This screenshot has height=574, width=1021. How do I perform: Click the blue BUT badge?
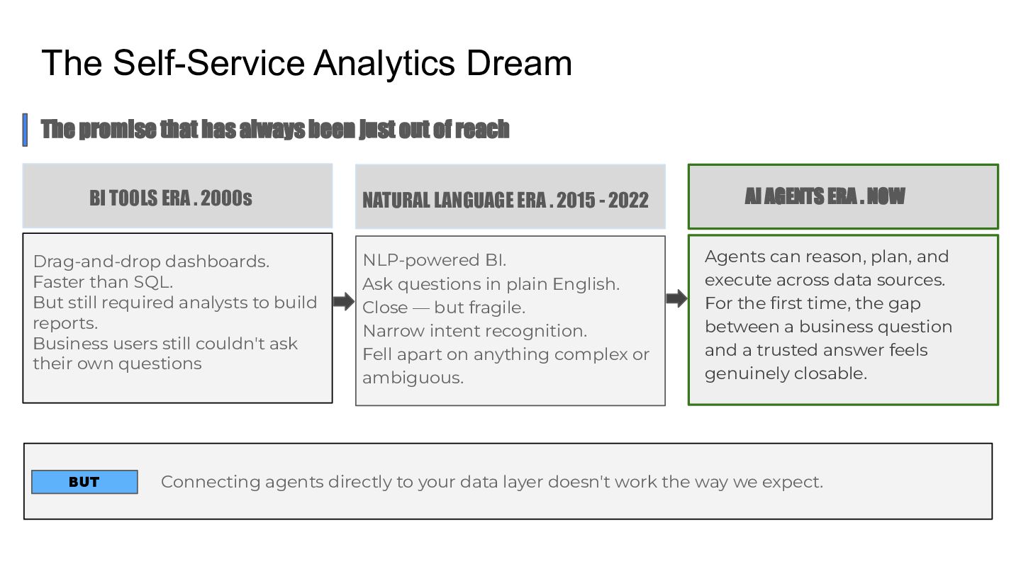(x=84, y=482)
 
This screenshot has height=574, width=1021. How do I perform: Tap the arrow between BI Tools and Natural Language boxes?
(x=343, y=301)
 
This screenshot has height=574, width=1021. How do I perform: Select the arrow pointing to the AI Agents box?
(x=676, y=298)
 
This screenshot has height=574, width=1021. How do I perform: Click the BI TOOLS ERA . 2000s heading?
(x=171, y=198)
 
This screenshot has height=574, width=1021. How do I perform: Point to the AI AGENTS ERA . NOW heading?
(x=825, y=196)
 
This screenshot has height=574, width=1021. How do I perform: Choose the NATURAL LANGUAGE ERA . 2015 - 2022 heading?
(x=506, y=200)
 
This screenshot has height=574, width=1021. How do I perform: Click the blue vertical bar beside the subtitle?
(x=25, y=130)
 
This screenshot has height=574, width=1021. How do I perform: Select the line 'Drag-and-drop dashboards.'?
(x=151, y=261)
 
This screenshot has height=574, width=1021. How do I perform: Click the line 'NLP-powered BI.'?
(x=435, y=260)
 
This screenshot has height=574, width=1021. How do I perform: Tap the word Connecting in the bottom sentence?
(x=211, y=482)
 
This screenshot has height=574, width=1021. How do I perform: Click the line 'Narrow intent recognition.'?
(x=475, y=331)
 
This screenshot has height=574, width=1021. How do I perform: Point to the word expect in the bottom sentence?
(x=790, y=483)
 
